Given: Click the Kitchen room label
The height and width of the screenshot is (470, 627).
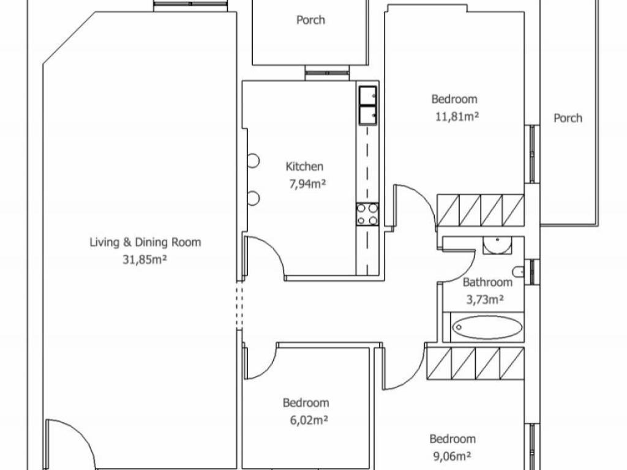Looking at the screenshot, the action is pos(304,166).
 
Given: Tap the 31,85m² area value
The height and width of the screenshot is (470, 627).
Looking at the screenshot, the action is pos(145,259).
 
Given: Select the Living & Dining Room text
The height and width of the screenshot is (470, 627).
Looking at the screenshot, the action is pos(145,242).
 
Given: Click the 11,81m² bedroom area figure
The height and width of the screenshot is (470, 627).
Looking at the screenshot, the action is pos(457,117).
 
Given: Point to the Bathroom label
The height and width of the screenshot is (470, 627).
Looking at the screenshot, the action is pos(487,282).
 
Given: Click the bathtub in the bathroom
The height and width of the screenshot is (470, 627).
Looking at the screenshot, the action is pos(487,327).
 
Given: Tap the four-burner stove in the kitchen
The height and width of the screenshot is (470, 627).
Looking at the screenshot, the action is pos(367,214).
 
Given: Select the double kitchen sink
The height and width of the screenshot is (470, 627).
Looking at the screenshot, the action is pos(367,105).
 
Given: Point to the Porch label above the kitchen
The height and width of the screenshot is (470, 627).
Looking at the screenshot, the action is pos(310,20).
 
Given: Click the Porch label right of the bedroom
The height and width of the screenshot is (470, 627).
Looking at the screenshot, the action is pos(568,118).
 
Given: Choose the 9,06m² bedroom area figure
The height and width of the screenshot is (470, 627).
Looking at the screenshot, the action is pos(452,456).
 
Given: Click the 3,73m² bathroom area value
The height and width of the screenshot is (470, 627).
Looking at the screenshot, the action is pos(485,299).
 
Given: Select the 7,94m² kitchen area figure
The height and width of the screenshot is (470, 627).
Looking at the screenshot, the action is pos(307,184).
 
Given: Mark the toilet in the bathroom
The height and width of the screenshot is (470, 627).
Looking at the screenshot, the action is pos(519,272).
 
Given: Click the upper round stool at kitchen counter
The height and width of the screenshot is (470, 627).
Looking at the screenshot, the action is pos(253,161).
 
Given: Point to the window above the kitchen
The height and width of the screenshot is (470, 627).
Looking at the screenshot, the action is pos(328,73).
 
